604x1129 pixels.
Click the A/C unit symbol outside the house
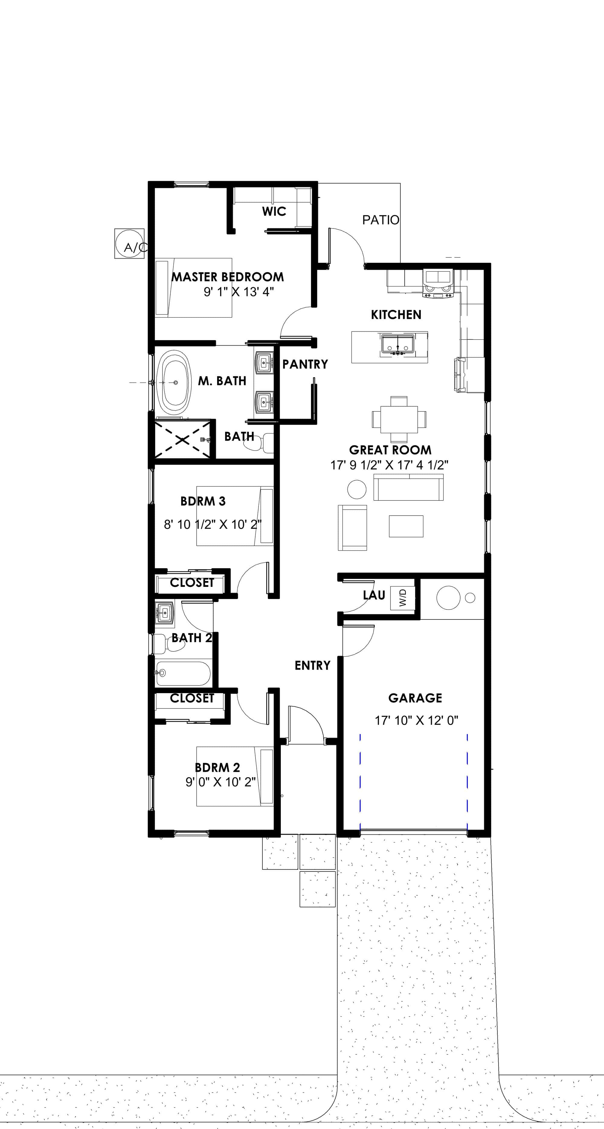129,243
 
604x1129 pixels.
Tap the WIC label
274,211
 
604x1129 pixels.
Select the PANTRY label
305,364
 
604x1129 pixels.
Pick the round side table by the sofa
357,489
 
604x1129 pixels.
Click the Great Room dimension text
389,465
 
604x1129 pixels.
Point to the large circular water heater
448,597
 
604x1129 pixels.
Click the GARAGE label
415,698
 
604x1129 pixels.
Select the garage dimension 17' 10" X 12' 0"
416,720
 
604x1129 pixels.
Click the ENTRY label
312,665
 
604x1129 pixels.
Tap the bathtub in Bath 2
183,673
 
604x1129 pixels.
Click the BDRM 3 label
203,501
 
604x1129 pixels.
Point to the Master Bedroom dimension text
239,292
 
